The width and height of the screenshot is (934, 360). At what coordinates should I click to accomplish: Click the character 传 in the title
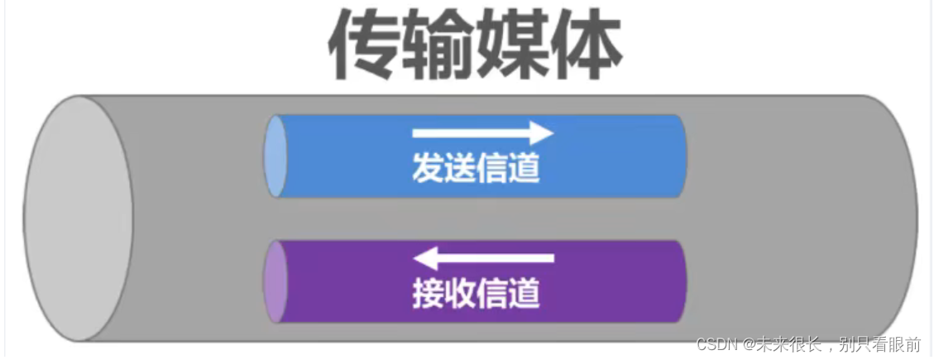pos(365,46)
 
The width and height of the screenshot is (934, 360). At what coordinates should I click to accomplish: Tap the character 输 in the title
pos(440,46)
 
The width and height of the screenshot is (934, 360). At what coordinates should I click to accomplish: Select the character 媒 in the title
pos(513,46)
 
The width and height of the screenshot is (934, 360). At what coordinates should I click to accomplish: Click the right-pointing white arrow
pos(482,132)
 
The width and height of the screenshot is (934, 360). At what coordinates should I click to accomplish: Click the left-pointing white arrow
pos(482,257)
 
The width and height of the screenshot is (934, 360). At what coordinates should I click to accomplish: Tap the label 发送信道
pos(476,169)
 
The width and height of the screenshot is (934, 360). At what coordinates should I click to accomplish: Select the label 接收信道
pos(476,293)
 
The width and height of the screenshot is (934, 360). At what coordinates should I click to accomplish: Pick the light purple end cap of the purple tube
pos(275,281)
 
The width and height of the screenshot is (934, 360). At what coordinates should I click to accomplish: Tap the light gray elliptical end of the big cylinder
pos(78,218)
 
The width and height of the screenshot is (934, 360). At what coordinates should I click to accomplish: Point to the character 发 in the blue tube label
pos(428,169)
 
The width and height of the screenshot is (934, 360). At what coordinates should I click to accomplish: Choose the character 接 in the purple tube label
pos(428,293)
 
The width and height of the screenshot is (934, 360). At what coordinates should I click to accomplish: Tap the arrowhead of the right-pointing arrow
pos(541,132)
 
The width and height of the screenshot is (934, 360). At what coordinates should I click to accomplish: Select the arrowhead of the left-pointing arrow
pos(424,257)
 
